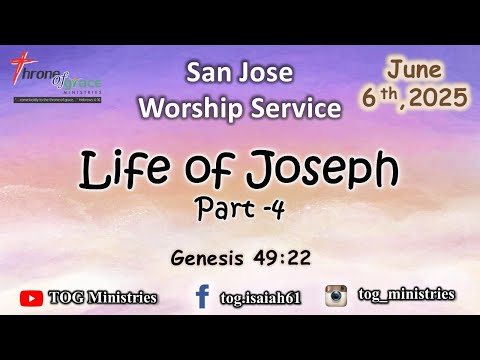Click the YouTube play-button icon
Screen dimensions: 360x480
pyautogui.click(x=33, y=297)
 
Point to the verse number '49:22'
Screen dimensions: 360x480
pyautogui.click(x=283, y=259)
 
